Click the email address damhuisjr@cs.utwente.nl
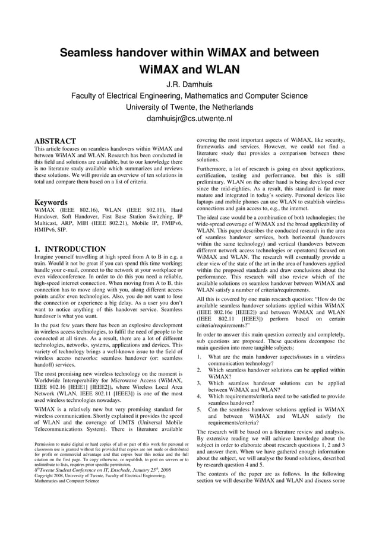click(x=190, y=118)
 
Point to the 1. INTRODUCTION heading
click(x=70, y=249)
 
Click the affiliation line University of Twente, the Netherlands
click(x=190, y=107)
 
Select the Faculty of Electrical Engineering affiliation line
click(x=190, y=96)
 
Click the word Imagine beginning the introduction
click(x=46, y=258)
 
